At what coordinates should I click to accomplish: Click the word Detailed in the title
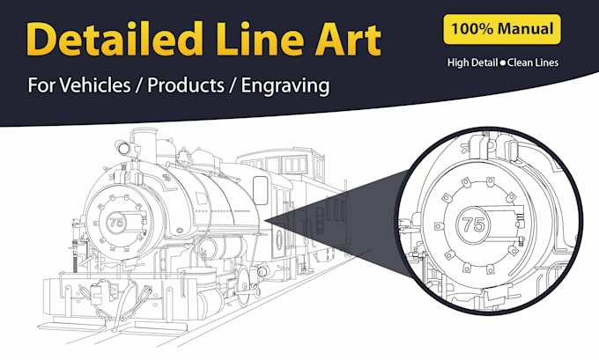pyautogui.click(x=115, y=39)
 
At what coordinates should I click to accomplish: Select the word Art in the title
pyautogui.click(x=349, y=40)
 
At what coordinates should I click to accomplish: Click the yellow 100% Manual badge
pyautogui.click(x=502, y=29)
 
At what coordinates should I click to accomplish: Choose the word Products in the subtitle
pyautogui.click(x=186, y=84)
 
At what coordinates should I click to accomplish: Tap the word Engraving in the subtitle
pyautogui.click(x=285, y=86)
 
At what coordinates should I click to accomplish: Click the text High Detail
pyautogui.click(x=472, y=62)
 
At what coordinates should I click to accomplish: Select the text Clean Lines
pyautogui.click(x=533, y=62)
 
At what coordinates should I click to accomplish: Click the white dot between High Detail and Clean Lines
pyautogui.click(x=503, y=63)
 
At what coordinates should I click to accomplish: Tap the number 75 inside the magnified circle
pyautogui.click(x=473, y=224)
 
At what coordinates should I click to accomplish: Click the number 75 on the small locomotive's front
pyautogui.click(x=116, y=222)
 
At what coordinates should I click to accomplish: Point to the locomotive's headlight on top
pyautogui.click(x=123, y=147)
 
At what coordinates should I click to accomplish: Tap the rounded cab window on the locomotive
pyautogui.click(x=261, y=190)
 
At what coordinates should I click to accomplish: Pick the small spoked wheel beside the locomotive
pyautogui.click(x=243, y=285)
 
